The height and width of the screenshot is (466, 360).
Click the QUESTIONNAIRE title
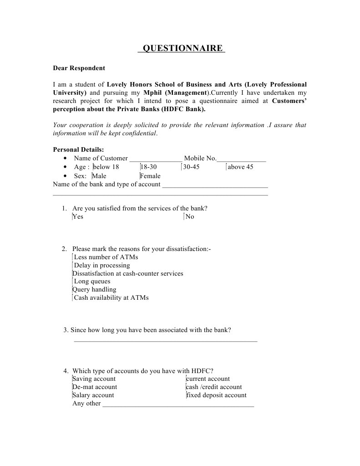click(182, 48)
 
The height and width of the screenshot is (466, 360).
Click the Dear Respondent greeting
click(79, 68)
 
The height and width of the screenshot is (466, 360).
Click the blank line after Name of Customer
click(156, 160)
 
